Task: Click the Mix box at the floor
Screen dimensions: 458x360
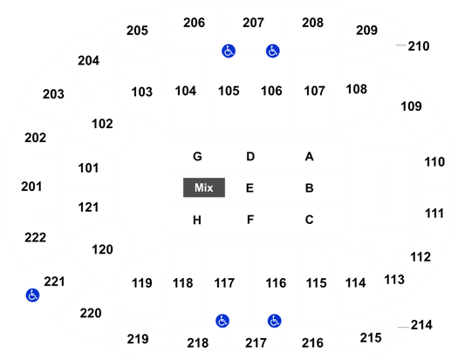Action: point(204,187)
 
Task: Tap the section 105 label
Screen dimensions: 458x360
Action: point(229,91)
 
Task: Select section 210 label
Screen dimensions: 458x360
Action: point(419,46)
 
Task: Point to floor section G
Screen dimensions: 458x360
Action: point(197,157)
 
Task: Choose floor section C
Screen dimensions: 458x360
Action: point(310,220)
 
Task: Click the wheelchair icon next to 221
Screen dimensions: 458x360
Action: point(32,295)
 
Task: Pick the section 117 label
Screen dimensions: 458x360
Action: point(224,283)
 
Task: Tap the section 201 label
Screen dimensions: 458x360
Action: point(31,187)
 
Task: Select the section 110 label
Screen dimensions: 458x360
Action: point(434,162)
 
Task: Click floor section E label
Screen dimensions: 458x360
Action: point(250,188)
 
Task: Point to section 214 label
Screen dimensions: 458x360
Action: point(421,325)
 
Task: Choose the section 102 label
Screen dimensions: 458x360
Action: point(102,124)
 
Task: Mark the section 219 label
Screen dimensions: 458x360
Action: point(138,339)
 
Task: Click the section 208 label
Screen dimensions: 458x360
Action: point(312,23)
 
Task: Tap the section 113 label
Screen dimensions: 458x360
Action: point(394,280)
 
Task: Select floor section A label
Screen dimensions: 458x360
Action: point(310,157)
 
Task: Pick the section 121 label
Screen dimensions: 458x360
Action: point(88,207)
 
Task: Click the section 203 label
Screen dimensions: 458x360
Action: point(53,94)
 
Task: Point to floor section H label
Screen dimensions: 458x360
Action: point(197,221)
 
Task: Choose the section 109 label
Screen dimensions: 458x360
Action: point(411,106)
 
